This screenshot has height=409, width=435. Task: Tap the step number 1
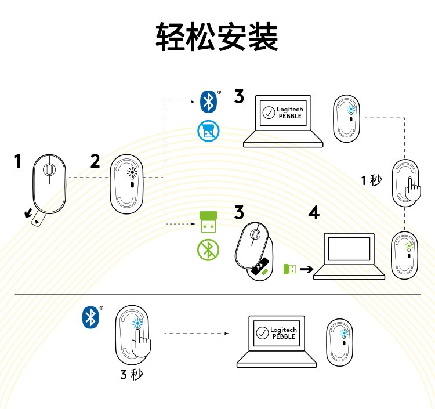[x=18, y=161]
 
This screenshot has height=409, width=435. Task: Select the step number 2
[x=95, y=161]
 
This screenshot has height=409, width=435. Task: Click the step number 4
[x=314, y=213]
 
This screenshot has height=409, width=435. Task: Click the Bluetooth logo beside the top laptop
[x=208, y=102]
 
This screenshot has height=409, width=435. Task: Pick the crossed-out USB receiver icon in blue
[x=207, y=131]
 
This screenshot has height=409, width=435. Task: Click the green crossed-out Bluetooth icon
[x=207, y=249]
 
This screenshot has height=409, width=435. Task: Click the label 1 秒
[x=371, y=180]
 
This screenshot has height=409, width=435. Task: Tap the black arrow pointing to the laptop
[x=307, y=269]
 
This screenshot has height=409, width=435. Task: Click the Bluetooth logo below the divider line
[x=89, y=317]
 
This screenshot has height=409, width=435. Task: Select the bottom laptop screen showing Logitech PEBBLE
[x=276, y=333]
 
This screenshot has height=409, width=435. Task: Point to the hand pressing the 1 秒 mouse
[x=414, y=189]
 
